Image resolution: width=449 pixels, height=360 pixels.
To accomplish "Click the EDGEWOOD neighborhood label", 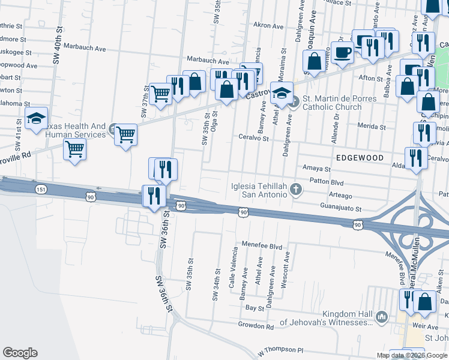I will click(x=360, y=157).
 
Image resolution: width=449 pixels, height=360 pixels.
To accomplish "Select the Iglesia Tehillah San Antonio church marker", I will click(x=295, y=190).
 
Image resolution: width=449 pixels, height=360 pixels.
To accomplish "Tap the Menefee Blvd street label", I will click(x=262, y=246).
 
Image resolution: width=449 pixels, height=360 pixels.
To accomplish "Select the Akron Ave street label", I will click(x=268, y=26).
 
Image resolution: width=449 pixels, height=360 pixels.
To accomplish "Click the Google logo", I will click(x=20, y=353).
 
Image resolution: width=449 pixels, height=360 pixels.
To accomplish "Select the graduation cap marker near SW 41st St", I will click(x=36, y=119).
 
